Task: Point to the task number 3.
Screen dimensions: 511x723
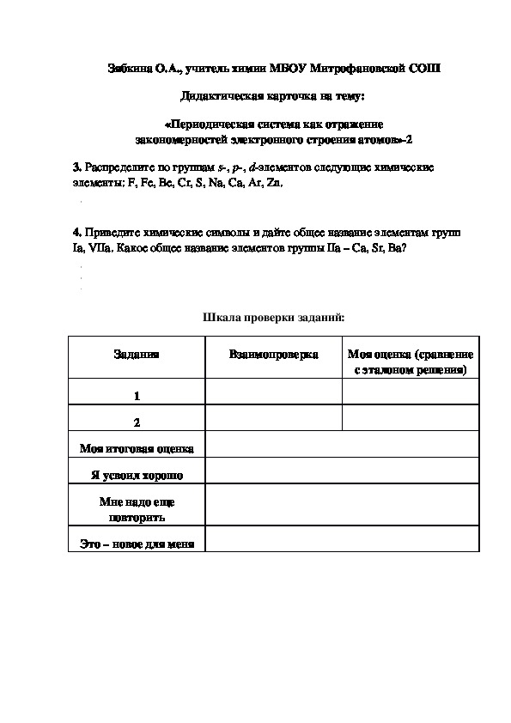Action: pos(76,165)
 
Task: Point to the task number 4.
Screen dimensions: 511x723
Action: pos(76,233)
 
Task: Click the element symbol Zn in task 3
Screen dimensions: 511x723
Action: pos(275,183)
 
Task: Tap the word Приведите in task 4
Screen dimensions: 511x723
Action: pos(111,233)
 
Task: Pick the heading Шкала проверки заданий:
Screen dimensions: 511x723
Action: pos(273,318)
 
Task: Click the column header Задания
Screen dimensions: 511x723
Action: pos(136,355)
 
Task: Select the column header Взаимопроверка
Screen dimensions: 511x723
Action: pos(274,355)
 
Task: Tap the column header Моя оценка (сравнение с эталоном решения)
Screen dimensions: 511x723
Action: pos(411,362)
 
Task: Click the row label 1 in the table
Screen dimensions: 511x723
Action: pos(137,396)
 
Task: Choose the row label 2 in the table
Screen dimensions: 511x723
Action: pos(137,422)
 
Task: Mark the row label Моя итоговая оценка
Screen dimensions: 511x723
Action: pos(137,448)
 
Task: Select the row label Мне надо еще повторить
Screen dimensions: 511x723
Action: pos(137,510)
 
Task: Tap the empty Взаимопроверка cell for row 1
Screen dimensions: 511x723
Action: pos(274,392)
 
